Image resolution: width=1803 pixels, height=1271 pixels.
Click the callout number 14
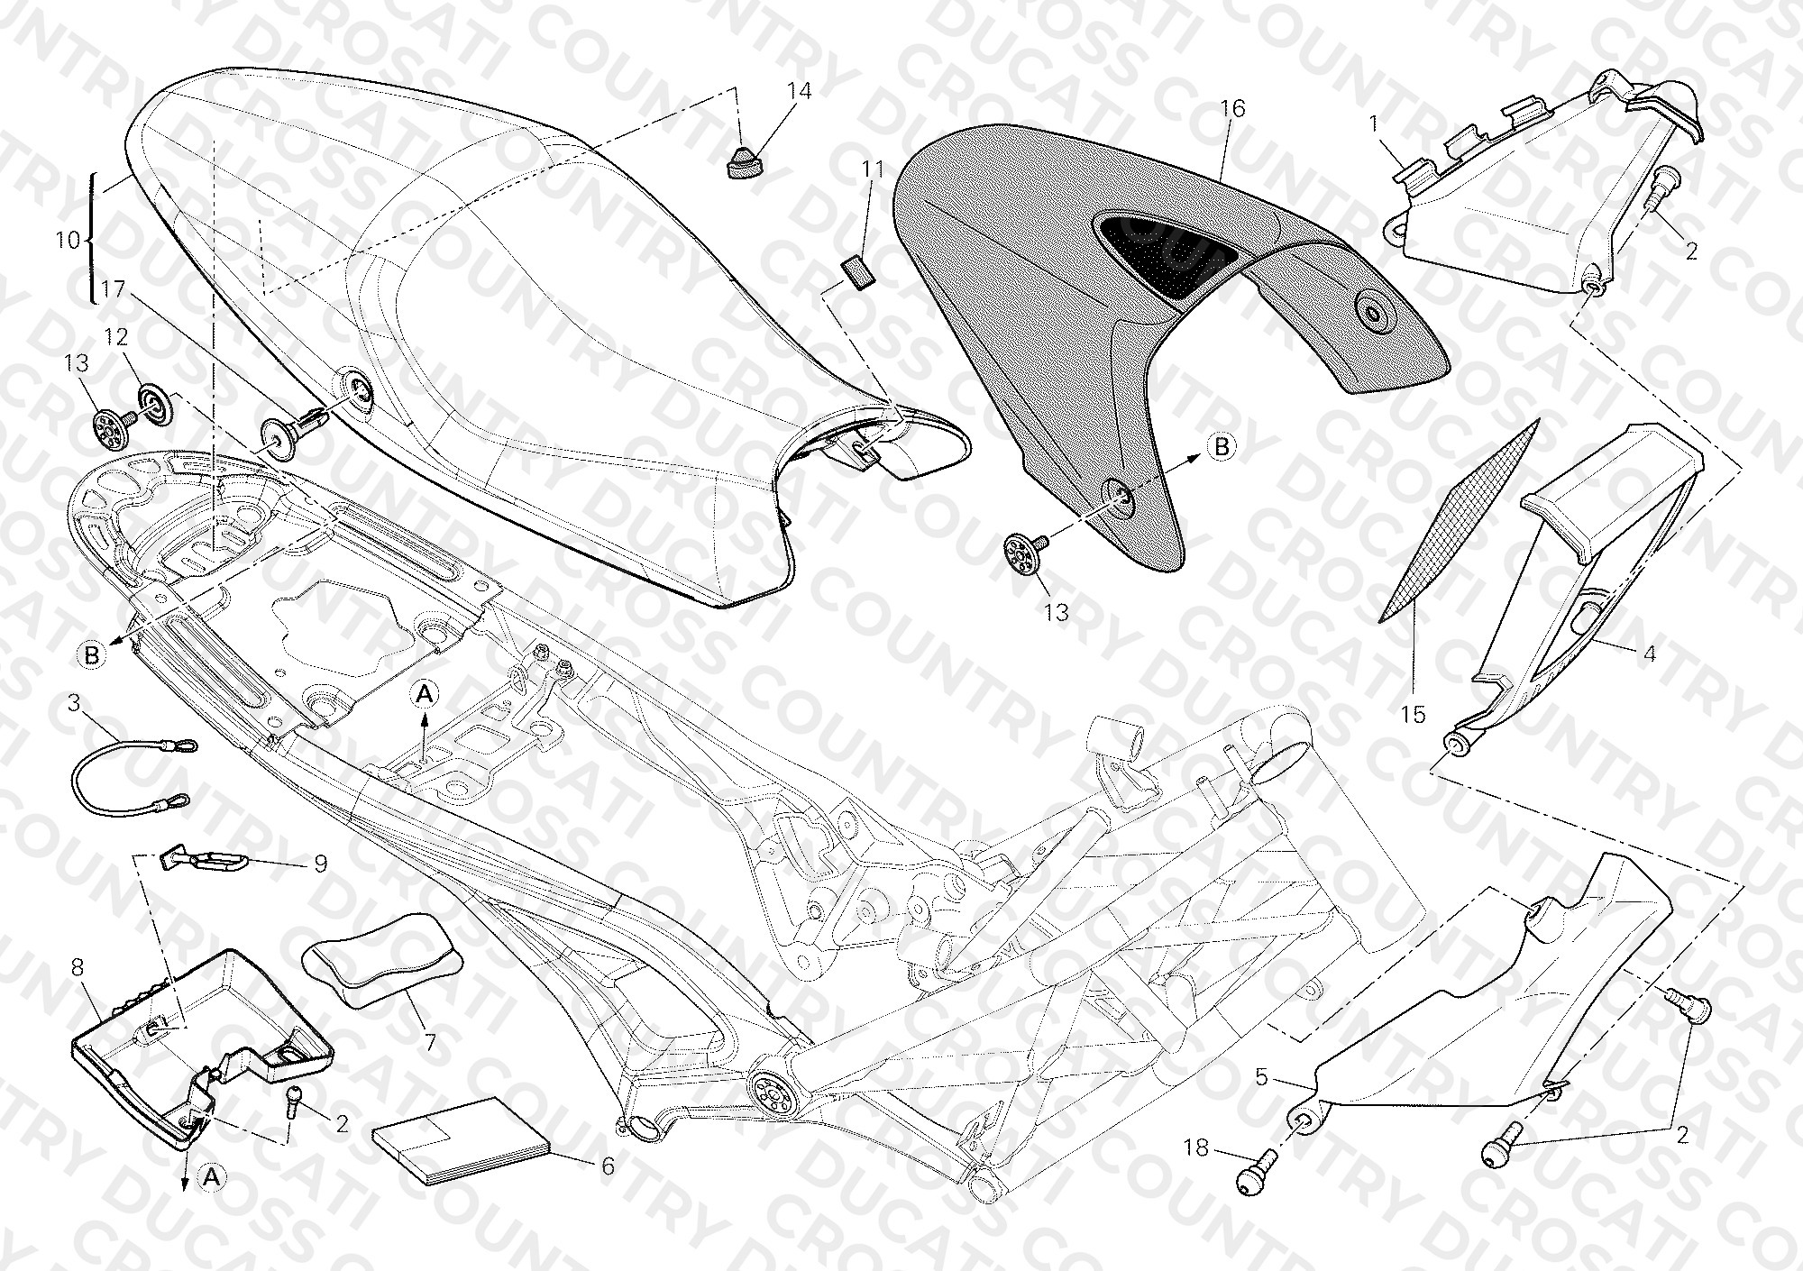coord(799,91)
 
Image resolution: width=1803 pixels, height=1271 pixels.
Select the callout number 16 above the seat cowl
coord(1232,109)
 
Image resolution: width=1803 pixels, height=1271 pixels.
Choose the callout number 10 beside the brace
coord(68,241)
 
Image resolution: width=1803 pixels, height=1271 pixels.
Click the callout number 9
coord(320,864)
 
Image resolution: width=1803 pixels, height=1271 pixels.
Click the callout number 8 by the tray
coord(78,968)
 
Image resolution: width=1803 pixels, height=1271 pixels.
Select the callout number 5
coord(1260,1076)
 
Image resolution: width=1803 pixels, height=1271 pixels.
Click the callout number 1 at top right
coord(1375,124)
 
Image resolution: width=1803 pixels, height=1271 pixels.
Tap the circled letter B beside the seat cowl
coord(1222,446)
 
